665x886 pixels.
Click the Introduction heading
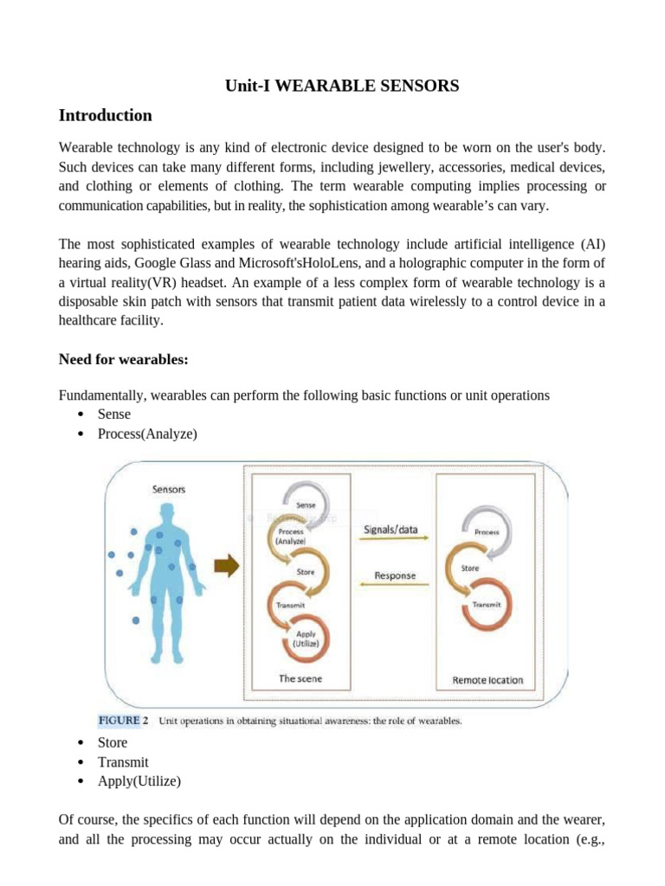tap(105, 115)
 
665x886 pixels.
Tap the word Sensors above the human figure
tap(168, 489)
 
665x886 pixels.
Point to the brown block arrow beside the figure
tap(226, 568)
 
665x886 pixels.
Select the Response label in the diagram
tap(395, 575)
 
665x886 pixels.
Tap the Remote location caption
tap(487, 680)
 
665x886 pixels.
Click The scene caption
tap(300, 679)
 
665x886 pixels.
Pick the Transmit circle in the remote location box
tap(487, 604)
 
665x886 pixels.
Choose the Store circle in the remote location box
tap(470, 568)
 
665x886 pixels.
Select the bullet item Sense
tap(114, 414)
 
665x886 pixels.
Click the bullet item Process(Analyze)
tap(147, 433)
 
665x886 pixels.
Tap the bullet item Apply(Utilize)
tap(139, 781)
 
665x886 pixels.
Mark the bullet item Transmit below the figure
tap(123, 762)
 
